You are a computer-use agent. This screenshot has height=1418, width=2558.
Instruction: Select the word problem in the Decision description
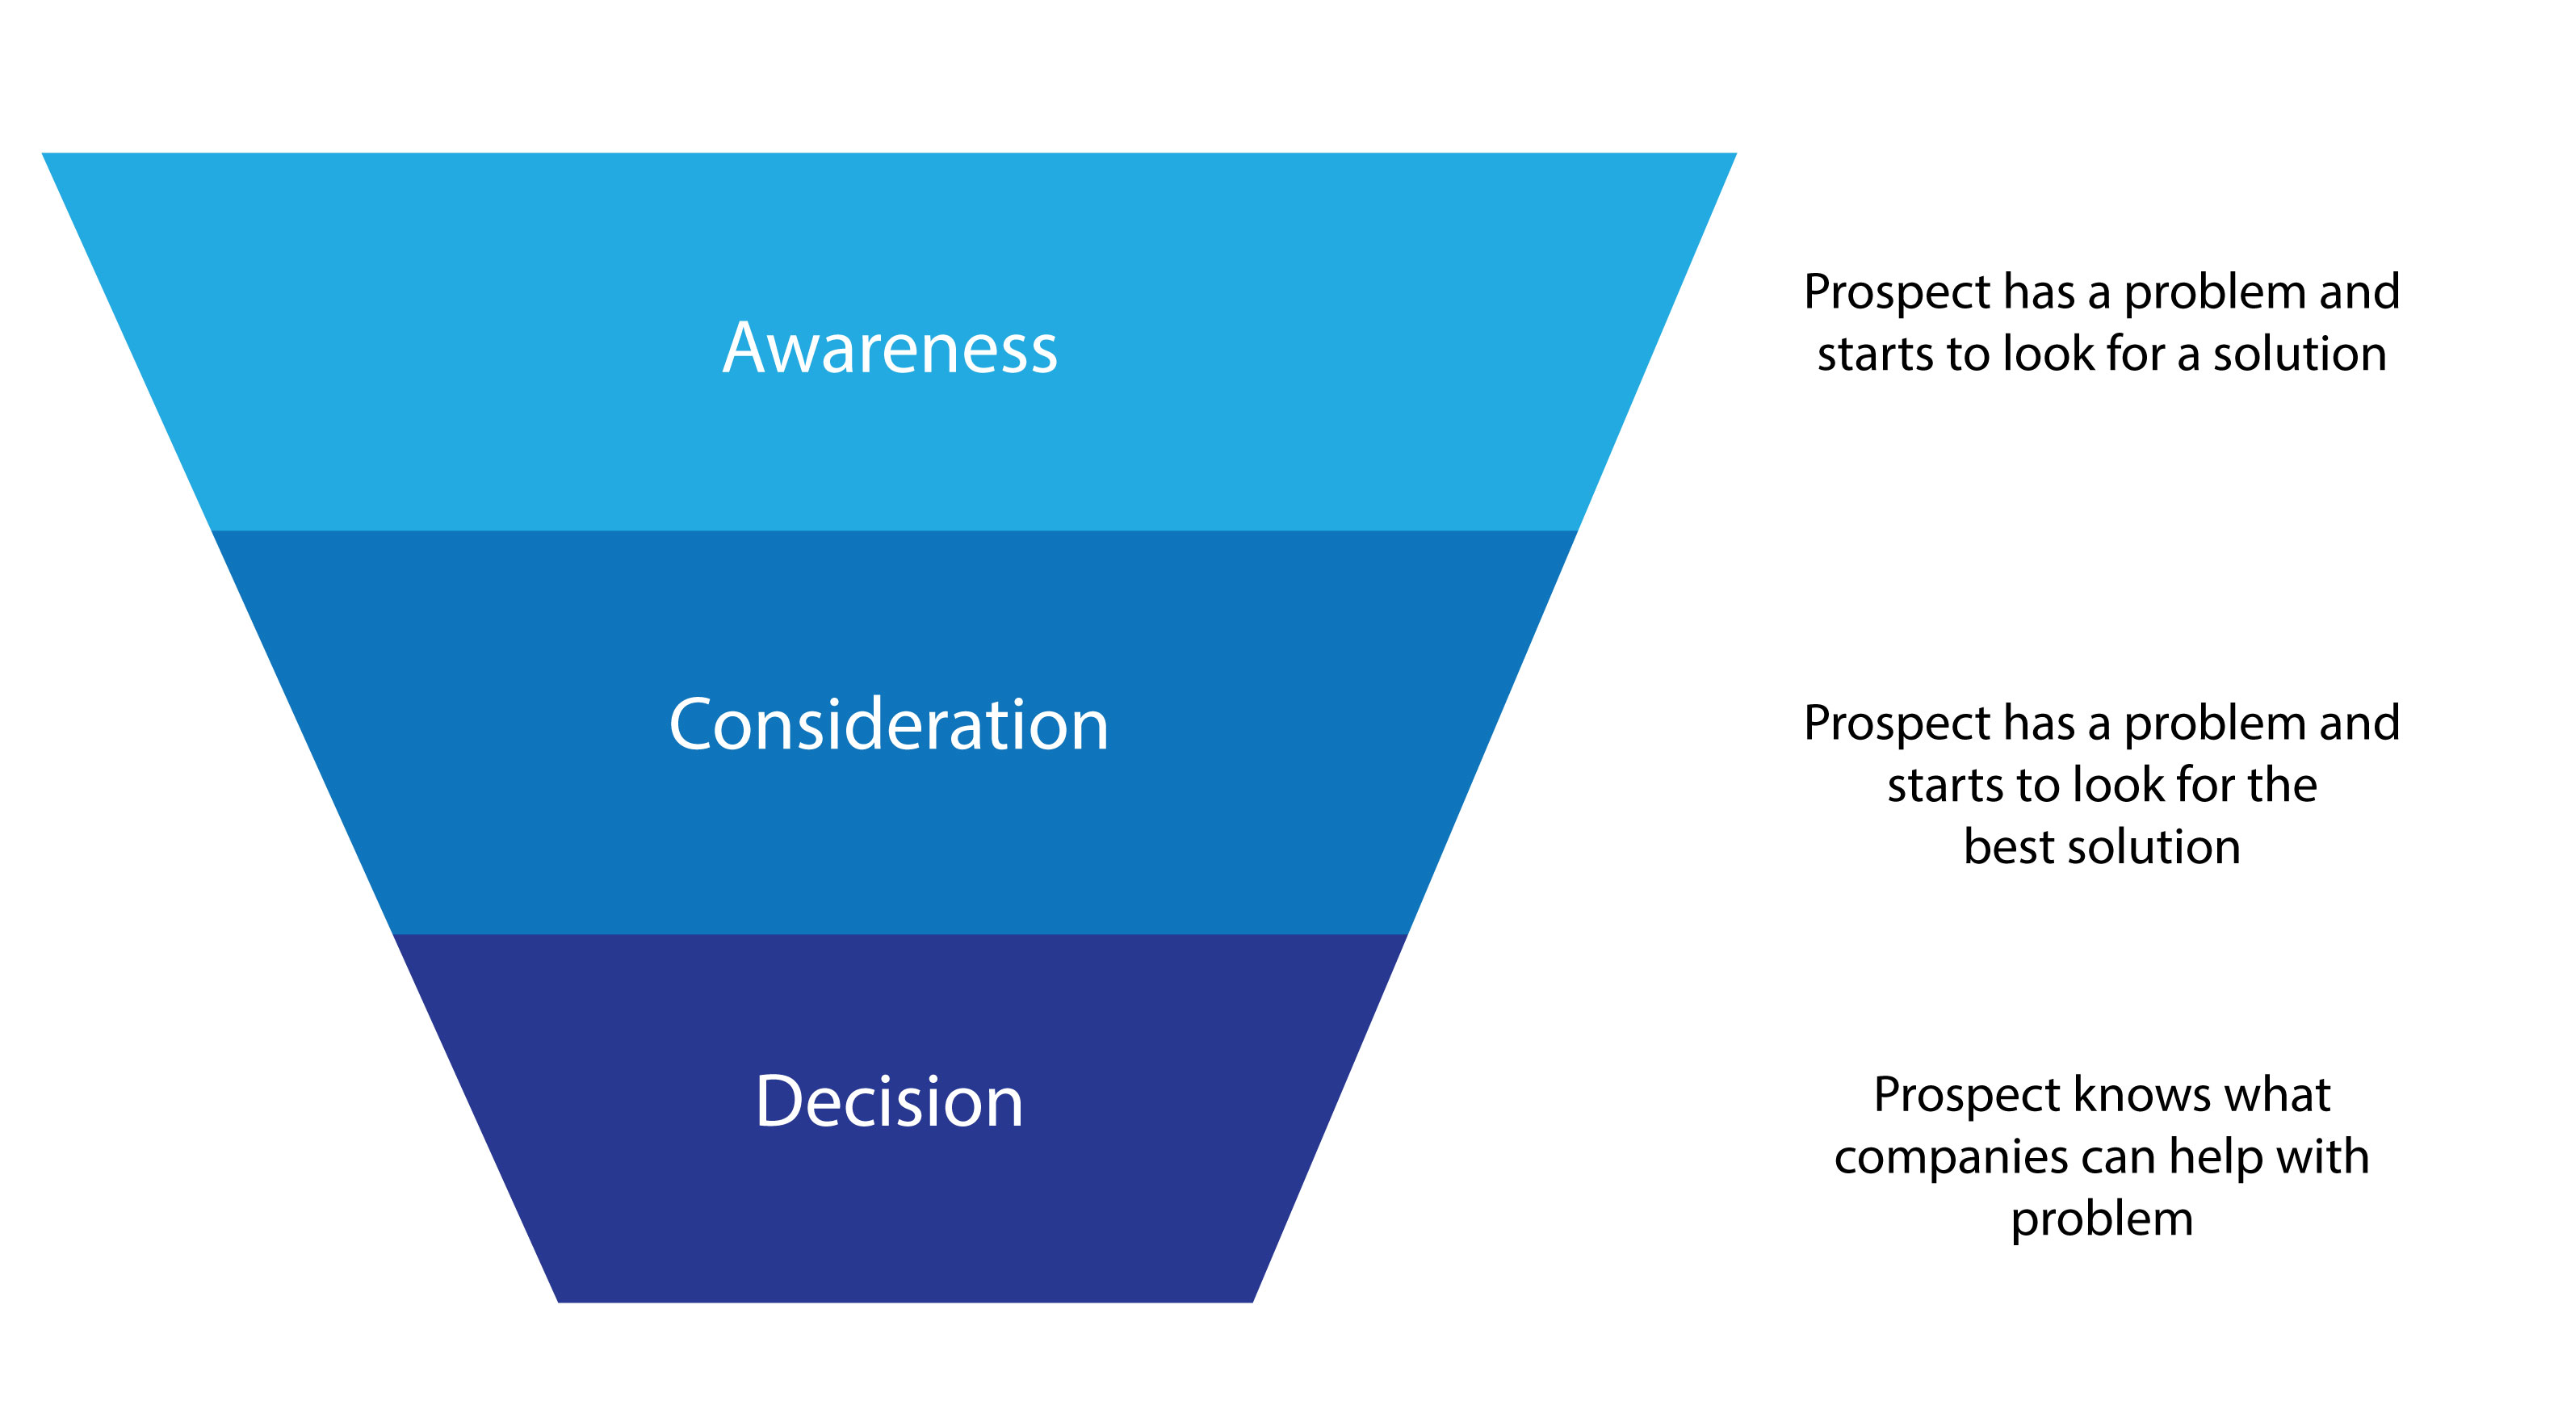[x=2103, y=1220]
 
